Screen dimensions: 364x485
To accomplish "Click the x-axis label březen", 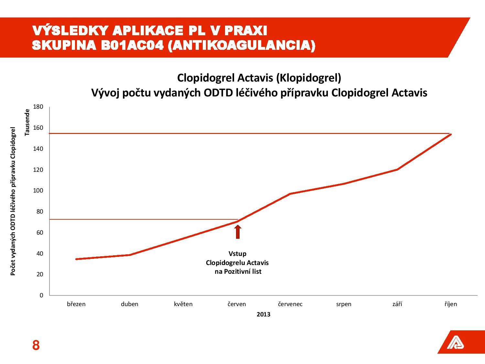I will pos(76,304).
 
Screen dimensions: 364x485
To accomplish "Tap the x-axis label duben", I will pos(130,304).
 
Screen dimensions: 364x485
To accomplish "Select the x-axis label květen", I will pos(183,304).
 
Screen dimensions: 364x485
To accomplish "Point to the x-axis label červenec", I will pos(290,304).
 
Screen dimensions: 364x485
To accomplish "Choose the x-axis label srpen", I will pos(343,304).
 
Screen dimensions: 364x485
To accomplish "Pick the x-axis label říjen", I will pos(451,304).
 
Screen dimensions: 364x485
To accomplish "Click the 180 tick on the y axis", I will pos(38,107).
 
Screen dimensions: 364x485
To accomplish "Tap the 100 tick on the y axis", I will pos(38,191).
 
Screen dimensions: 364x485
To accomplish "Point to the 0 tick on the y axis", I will pos(41,295).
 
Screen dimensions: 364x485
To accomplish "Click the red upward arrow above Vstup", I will pos(238,232).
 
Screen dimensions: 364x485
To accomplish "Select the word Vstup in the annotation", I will pos(237,254).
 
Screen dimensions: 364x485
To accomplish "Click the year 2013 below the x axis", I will pos(264,314).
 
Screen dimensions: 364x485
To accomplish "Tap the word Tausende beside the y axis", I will pos(27,122).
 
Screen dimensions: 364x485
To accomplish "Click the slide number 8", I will pos(36,346).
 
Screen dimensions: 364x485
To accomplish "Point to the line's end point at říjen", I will pos(451,134).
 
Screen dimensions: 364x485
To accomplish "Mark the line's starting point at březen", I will pos(76,259).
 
